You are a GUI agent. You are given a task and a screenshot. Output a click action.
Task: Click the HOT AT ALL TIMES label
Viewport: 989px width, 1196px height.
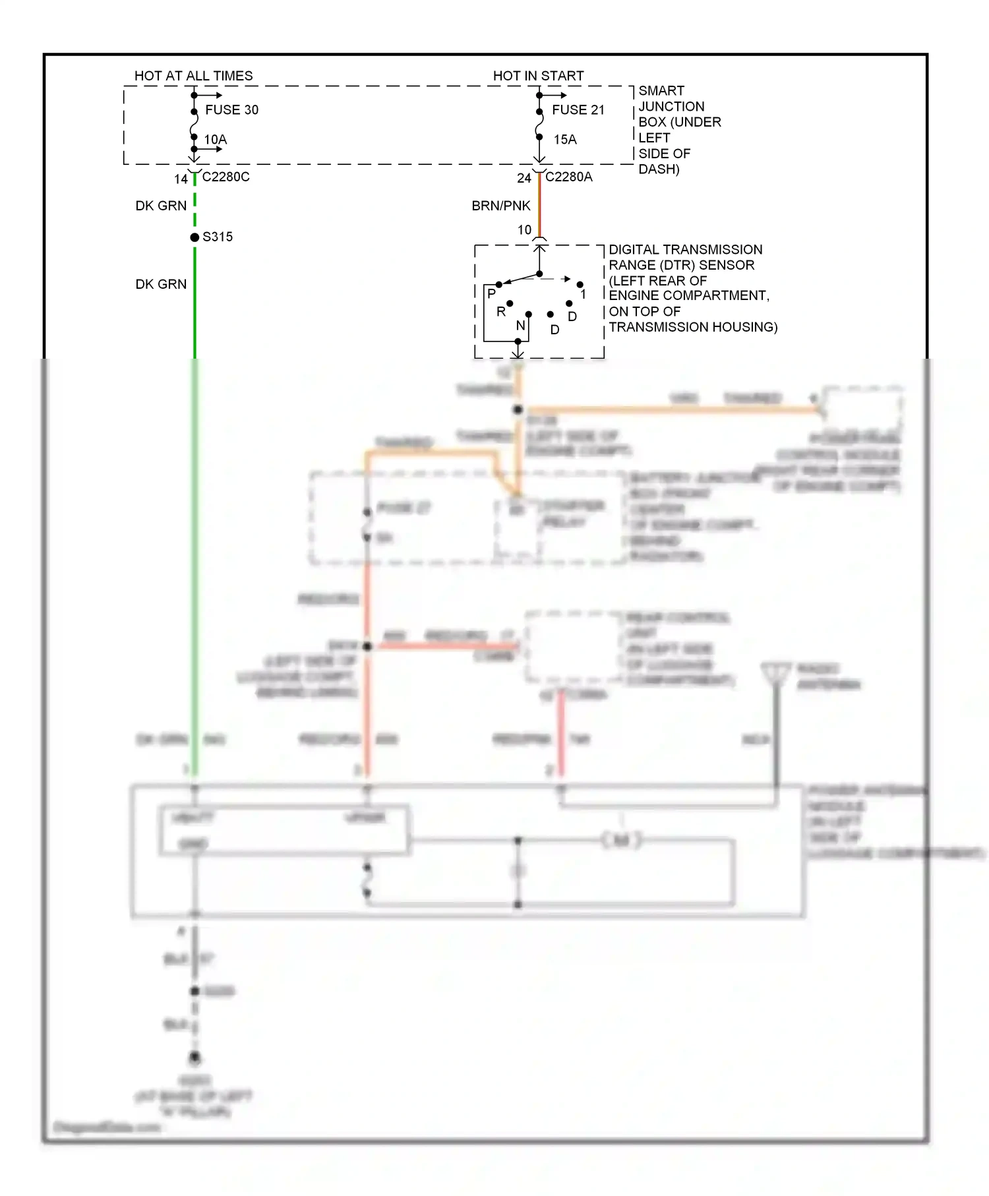coord(193,76)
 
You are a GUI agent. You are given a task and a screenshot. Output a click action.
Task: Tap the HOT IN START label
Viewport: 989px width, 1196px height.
coord(538,76)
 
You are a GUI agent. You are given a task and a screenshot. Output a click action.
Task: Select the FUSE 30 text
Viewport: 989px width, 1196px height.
coord(231,110)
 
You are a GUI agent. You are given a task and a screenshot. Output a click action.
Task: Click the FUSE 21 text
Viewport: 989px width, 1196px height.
coord(578,110)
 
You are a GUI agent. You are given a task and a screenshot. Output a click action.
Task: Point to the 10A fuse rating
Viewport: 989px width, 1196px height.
coord(215,140)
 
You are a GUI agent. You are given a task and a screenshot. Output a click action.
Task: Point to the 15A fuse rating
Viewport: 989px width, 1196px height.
coord(564,140)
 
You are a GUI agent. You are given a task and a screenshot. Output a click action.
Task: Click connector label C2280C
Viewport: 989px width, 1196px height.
coord(225,177)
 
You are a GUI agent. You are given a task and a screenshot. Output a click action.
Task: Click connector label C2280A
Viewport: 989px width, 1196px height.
coord(568,177)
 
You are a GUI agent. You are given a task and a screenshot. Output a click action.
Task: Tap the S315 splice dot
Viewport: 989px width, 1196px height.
coord(195,237)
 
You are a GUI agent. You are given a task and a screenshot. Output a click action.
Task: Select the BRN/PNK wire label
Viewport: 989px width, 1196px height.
coord(500,206)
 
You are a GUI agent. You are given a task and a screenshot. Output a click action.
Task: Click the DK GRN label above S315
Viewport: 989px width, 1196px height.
coord(161,206)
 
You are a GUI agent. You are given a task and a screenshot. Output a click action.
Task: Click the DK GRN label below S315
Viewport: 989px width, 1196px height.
coord(161,284)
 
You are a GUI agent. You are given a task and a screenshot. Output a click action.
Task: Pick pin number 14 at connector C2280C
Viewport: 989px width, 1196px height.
coord(181,179)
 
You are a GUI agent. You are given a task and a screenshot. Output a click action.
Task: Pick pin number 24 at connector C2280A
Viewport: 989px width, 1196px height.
coord(524,178)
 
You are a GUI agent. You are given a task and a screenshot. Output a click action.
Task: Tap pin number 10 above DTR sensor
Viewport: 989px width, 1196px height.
coord(524,229)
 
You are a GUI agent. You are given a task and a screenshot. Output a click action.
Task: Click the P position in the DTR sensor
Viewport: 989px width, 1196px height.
coord(491,293)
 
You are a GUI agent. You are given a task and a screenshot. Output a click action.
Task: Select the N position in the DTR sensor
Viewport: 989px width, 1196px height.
coord(520,325)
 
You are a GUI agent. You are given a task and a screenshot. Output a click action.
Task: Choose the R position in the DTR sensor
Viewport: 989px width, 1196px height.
coord(500,311)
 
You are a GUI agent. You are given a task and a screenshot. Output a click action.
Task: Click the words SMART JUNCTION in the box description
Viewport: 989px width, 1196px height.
coord(671,98)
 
